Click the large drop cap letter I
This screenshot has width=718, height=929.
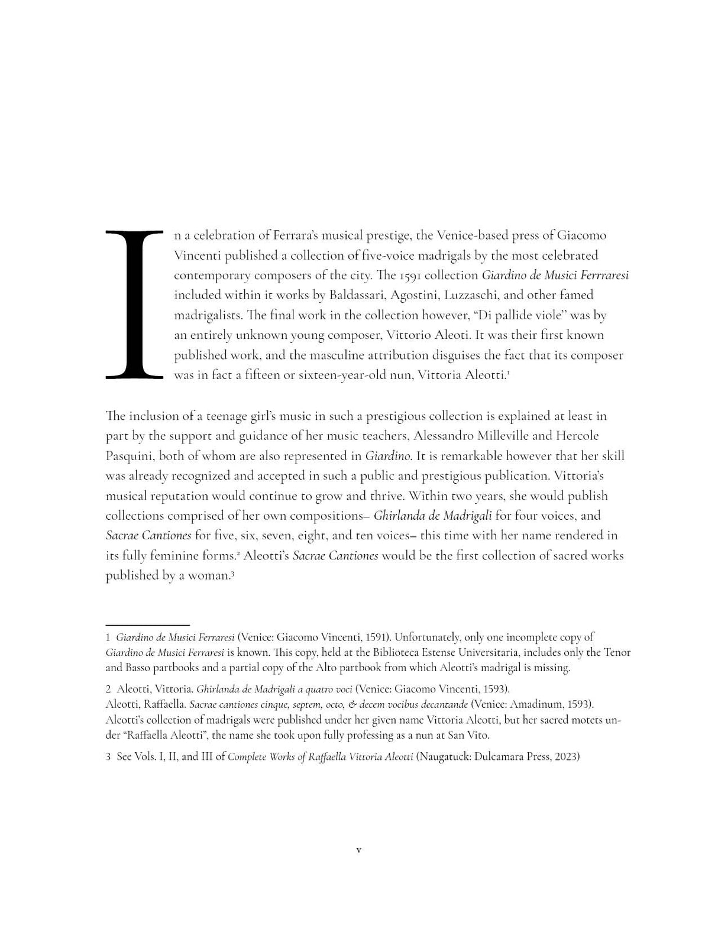134,304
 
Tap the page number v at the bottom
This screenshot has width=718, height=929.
358,850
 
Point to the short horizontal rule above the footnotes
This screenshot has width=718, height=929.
147,624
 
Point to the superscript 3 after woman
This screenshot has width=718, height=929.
233,572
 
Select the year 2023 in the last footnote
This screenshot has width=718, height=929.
566,757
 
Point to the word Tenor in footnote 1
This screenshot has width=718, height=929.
617,653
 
